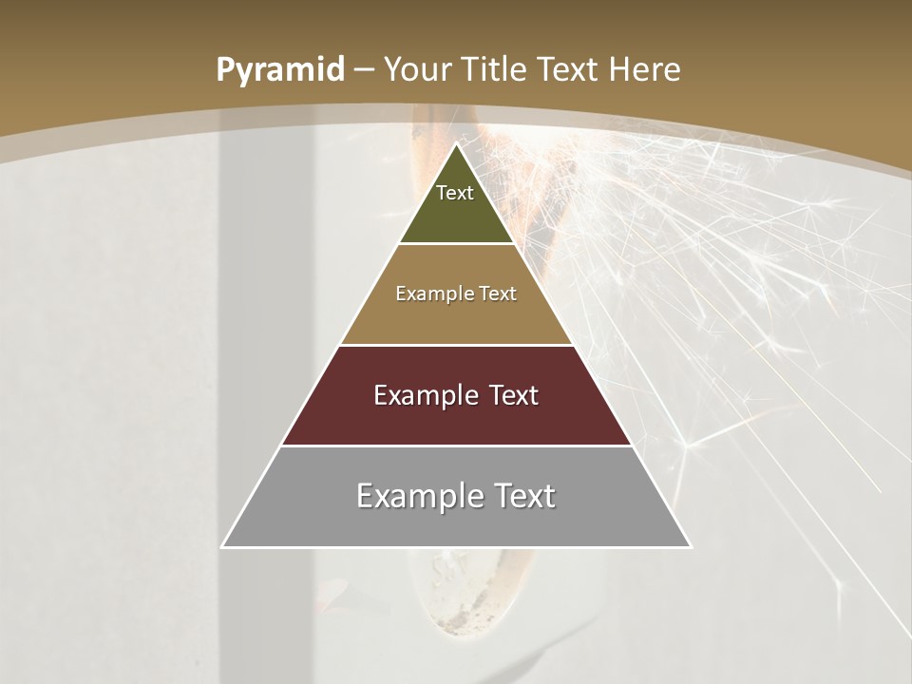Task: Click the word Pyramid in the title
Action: (x=279, y=70)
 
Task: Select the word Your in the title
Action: (x=419, y=70)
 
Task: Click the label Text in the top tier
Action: (x=455, y=193)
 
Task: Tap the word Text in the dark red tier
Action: (x=514, y=395)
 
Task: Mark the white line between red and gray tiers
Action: (x=456, y=446)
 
